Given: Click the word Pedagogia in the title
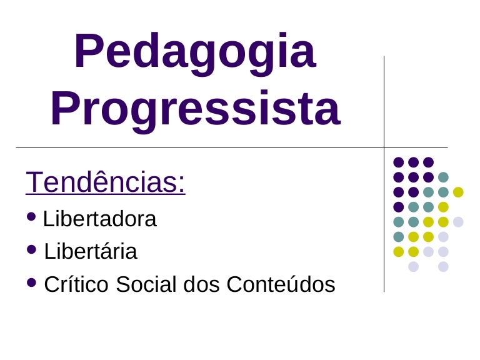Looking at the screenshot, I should [194, 52].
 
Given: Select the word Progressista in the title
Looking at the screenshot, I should [195, 108].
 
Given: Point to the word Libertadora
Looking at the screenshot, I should [100, 219].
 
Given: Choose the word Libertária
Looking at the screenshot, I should [91, 252].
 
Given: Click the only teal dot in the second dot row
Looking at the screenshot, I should [443, 177].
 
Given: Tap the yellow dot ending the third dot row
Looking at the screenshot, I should [458, 192].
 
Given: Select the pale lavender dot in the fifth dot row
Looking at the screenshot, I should [458, 222].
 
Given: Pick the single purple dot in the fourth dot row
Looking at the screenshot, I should [398, 207].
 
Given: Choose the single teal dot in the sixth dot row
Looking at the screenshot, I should [398, 237].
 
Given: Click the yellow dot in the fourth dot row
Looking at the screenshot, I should [443, 207].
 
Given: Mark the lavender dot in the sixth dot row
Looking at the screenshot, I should [443, 237].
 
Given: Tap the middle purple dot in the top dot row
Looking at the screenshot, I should [413, 162].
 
